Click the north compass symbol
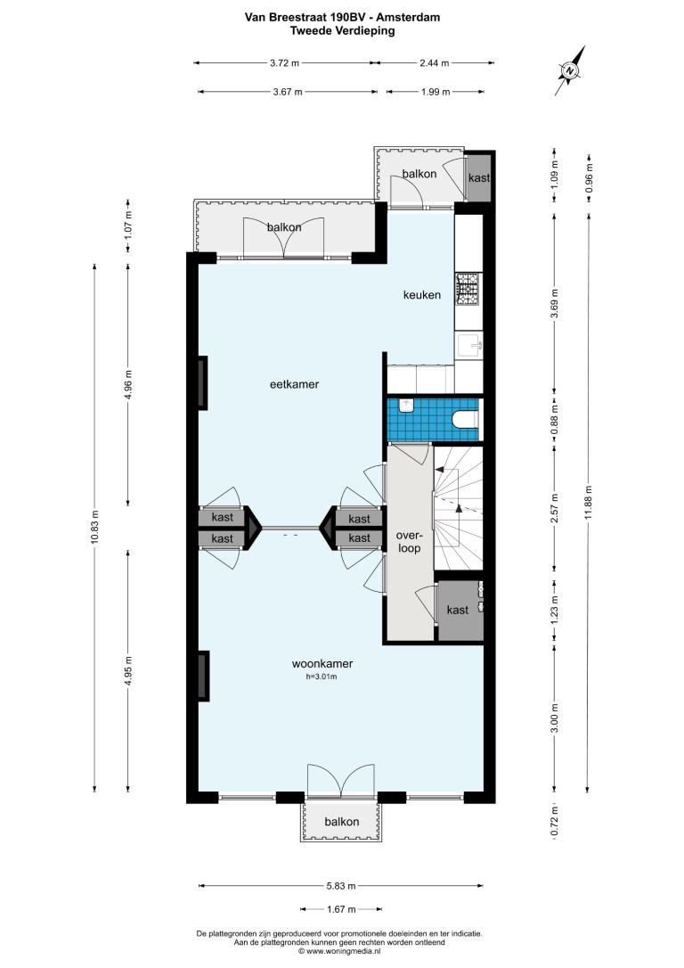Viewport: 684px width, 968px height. point(570,71)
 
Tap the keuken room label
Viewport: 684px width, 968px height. point(422,295)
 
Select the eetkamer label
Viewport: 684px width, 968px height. point(294,384)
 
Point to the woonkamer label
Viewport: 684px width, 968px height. point(322,664)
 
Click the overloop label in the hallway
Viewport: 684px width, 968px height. point(408,542)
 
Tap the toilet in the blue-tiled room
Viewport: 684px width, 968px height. point(466,420)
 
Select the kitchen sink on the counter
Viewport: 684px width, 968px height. point(468,345)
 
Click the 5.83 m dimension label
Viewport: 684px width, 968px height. point(340,886)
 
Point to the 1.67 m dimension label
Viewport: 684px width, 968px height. point(340,909)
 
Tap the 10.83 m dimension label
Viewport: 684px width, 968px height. point(94,528)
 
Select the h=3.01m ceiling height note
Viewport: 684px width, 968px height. point(322,677)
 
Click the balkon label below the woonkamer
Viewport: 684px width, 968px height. point(342,822)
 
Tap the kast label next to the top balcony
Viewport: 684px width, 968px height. point(479,177)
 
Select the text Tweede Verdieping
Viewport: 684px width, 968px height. point(342,30)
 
